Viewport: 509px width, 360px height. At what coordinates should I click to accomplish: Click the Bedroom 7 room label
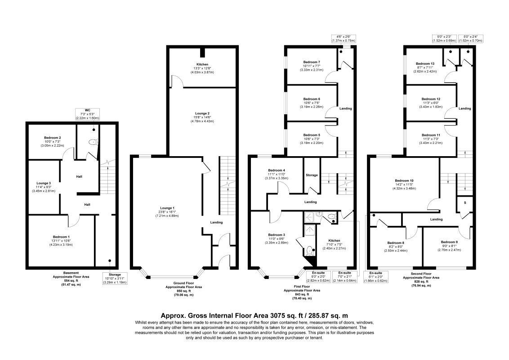(x=312, y=62)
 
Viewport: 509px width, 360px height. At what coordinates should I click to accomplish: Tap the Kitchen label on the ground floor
(x=202, y=64)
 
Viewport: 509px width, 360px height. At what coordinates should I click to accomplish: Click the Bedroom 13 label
(x=425, y=64)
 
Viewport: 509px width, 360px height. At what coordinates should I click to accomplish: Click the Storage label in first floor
(x=312, y=175)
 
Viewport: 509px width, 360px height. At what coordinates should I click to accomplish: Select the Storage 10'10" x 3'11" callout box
(x=115, y=278)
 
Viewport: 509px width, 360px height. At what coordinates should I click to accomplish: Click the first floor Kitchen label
(x=334, y=241)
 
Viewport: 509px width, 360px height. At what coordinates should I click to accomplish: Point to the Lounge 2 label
(x=202, y=113)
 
